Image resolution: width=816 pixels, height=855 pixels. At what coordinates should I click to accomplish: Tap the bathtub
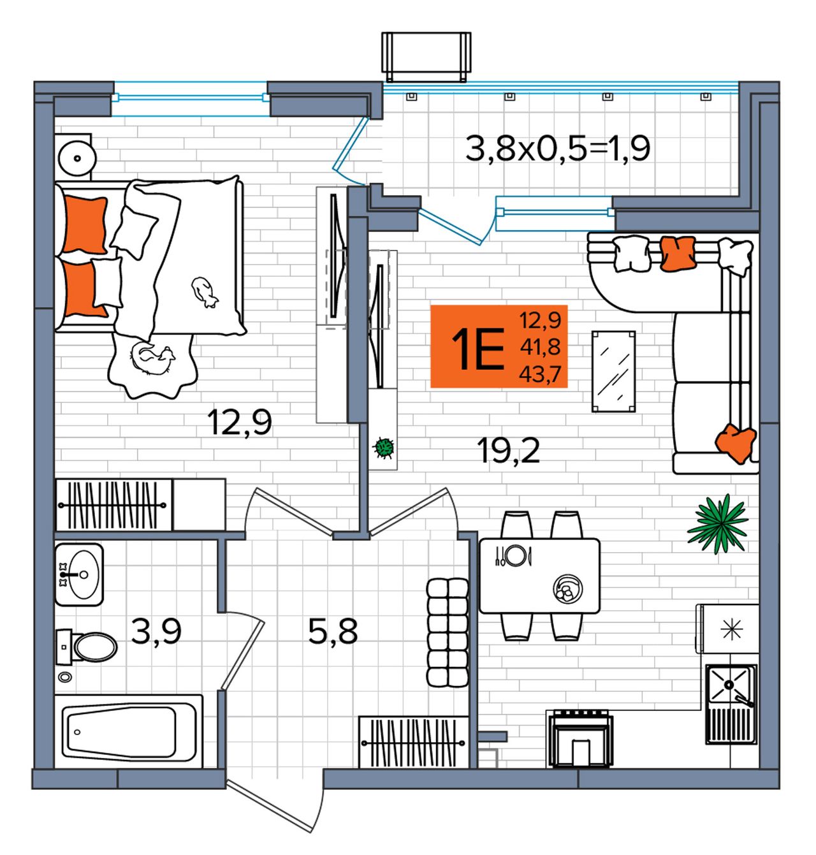click(x=128, y=733)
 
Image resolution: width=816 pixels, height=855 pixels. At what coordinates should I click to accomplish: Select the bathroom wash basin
click(x=79, y=575)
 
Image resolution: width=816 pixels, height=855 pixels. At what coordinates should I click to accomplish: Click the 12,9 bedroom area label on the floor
click(x=240, y=422)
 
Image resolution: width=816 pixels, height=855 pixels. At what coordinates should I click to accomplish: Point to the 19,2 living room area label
click(x=508, y=451)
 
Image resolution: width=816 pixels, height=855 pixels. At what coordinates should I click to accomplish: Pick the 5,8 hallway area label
click(x=333, y=631)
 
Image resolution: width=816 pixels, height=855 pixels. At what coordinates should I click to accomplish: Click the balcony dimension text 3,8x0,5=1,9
click(x=558, y=149)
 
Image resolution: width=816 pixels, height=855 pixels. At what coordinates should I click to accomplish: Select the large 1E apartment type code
click(x=477, y=349)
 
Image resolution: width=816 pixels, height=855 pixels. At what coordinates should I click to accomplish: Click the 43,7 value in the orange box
click(x=540, y=374)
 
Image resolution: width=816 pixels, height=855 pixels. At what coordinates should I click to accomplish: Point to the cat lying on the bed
click(x=204, y=292)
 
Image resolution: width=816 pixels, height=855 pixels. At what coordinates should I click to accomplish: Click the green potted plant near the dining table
click(x=717, y=525)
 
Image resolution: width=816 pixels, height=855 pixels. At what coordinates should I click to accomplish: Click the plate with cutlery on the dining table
click(x=513, y=556)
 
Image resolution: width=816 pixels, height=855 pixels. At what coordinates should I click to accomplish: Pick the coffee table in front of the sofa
click(x=613, y=372)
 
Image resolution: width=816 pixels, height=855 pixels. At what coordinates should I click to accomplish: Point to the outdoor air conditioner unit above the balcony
click(x=426, y=57)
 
